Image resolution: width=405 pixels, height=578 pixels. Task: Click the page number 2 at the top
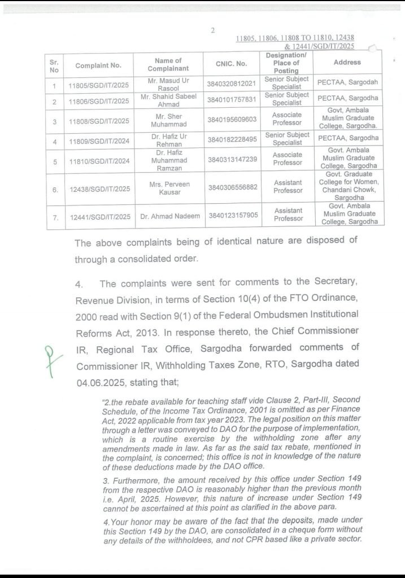213,30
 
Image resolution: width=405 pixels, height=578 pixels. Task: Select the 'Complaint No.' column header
99,65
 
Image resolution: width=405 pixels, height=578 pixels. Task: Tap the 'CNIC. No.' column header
231,64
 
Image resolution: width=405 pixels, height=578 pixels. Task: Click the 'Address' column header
347,62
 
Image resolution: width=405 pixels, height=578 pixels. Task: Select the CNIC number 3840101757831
232,100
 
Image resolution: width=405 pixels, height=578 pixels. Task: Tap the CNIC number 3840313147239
232,159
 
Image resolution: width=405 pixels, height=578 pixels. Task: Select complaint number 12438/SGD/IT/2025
99,190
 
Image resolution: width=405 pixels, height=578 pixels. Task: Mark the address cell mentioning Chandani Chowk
349,186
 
